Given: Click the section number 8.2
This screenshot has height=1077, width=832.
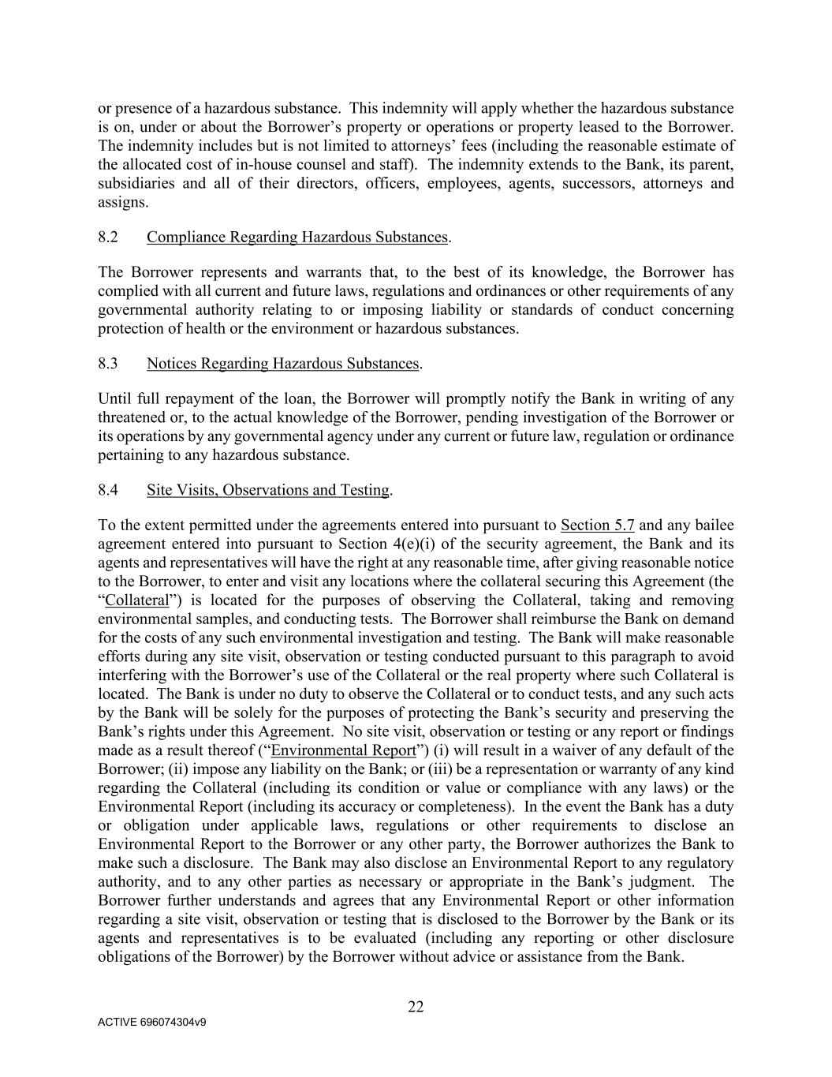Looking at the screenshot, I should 108,237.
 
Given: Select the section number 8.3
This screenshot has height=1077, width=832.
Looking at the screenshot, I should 108,364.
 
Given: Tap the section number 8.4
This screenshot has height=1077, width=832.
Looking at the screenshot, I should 108,490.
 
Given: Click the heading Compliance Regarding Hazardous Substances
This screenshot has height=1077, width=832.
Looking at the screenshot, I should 297,237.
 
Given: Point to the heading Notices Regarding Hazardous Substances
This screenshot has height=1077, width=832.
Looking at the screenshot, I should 282,364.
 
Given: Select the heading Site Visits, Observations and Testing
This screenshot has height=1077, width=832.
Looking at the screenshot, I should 267,490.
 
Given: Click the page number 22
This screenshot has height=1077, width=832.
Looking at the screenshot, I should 416,1007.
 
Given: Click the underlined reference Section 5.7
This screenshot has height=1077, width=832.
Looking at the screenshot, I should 597,525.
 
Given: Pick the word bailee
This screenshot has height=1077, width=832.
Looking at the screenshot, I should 711,525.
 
